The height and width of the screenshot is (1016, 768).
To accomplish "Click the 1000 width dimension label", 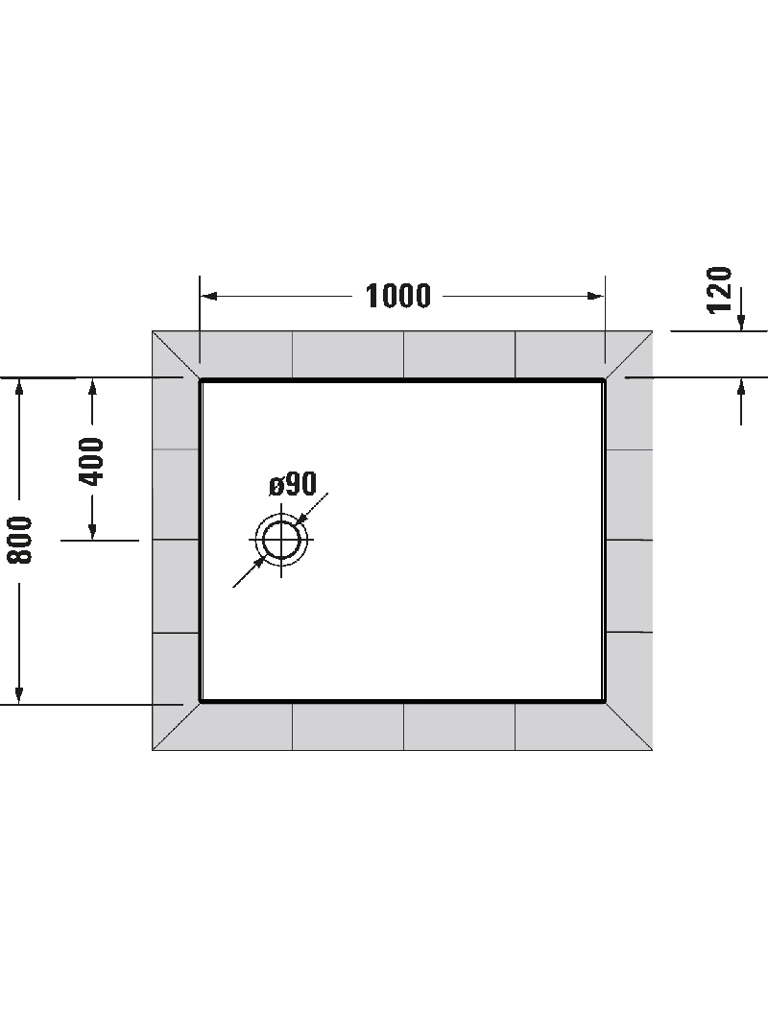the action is pyautogui.click(x=397, y=296).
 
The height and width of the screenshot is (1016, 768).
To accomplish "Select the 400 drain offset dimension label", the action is pyautogui.click(x=91, y=461).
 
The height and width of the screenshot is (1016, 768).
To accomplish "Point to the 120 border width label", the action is pyautogui.click(x=719, y=289).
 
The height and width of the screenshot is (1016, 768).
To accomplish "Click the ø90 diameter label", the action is pyautogui.click(x=293, y=484).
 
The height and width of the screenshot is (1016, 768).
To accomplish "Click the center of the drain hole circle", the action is pyautogui.click(x=281, y=540).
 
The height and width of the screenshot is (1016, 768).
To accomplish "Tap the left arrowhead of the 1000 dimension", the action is pyautogui.click(x=208, y=296).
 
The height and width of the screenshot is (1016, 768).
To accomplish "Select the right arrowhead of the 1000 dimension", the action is pyautogui.click(x=596, y=296).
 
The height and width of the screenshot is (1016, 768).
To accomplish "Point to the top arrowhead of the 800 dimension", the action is pyautogui.click(x=19, y=385).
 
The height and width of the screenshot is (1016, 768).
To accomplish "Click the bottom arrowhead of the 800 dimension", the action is pyautogui.click(x=19, y=694).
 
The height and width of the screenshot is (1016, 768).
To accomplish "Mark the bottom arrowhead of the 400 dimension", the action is pyautogui.click(x=92, y=531).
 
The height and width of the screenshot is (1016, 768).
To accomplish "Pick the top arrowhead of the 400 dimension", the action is pyautogui.click(x=92, y=386).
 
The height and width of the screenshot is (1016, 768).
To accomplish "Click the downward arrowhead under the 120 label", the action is pyautogui.click(x=741, y=322).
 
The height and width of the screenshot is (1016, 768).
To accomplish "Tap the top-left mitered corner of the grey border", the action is pyautogui.click(x=153, y=331).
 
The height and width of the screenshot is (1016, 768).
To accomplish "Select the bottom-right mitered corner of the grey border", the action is pyautogui.click(x=652, y=750).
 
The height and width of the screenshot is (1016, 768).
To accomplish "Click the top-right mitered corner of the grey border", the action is pyautogui.click(x=652, y=331).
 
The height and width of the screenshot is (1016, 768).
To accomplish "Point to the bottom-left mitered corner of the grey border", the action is pyautogui.click(x=153, y=750).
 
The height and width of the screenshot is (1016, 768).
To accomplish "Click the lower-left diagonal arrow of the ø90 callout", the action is pyautogui.click(x=249, y=572).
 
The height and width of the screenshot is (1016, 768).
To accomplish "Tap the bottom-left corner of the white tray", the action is pyautogui.click(x=200, y=701).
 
